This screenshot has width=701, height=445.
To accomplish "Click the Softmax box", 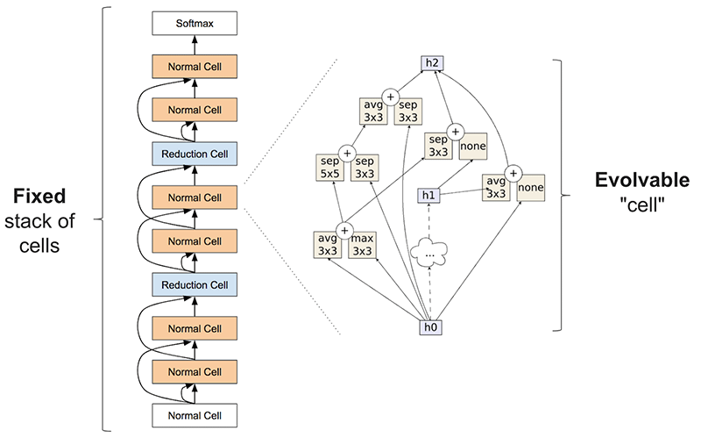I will pos(195,24).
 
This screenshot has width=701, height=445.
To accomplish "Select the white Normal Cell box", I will pos(195,414).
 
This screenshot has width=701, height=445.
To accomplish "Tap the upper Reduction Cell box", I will pos(195,154).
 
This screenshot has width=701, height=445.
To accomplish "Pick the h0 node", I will pos(428,329).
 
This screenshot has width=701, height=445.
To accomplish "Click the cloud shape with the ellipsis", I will pos(429,253).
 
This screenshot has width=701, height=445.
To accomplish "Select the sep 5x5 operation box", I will pos(329,169).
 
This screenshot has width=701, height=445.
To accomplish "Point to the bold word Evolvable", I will pos(642,181).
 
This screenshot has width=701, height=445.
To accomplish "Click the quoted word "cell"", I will pos(642,205).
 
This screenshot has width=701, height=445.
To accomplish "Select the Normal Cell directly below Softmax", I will pos(195,67).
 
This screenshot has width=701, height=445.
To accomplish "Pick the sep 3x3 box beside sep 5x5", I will pos(365,169).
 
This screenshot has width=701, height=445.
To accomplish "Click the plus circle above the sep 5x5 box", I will pos(347,153).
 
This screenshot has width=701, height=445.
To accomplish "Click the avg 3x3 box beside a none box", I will pos(496,187).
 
